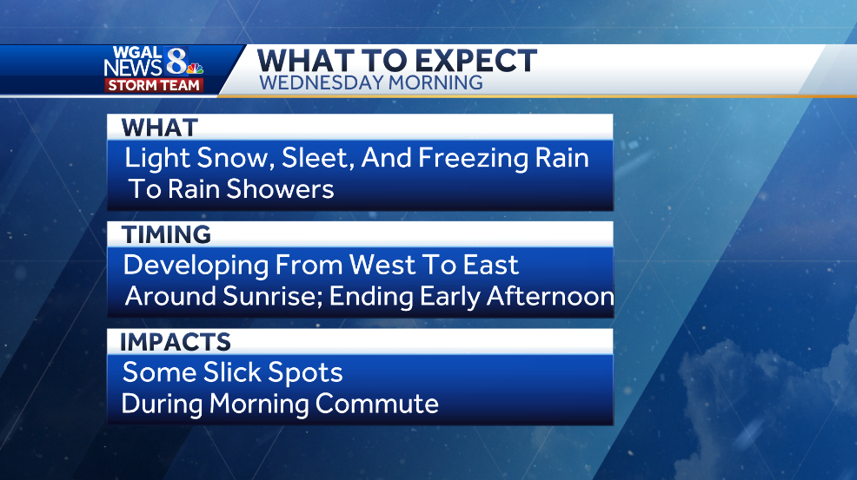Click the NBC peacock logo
point(194,69)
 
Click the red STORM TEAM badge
point(154,85)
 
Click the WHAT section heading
point(160,128)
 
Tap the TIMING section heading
point(166,235)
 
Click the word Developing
point(197,266)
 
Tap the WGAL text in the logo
point(136,53)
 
